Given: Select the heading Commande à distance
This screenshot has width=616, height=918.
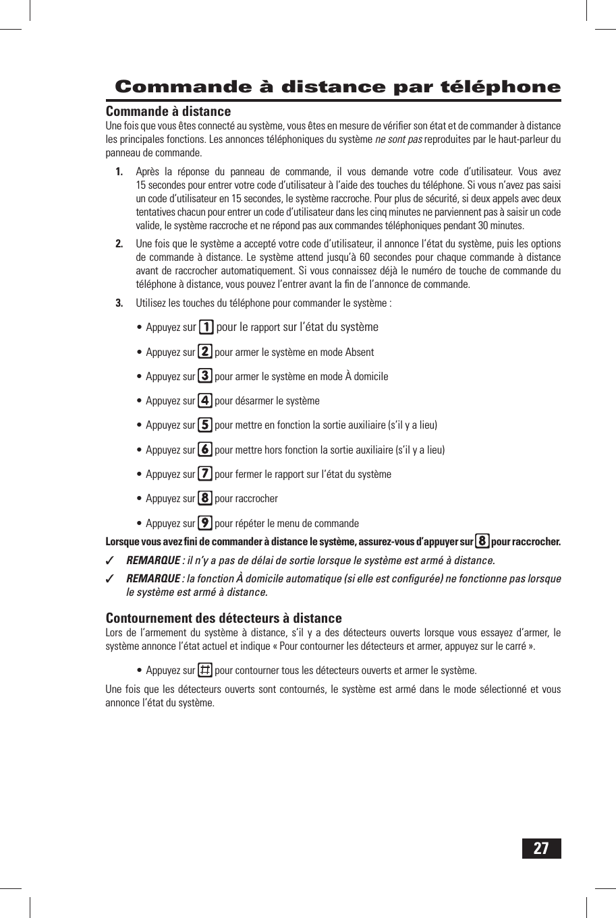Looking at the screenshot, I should pyautogui.click(x=168, y=111).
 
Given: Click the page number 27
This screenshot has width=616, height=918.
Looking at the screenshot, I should pyautogui.click(x=541, y=849).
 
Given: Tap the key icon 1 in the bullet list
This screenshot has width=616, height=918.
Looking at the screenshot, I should pyautogui.click(x=206, y=328).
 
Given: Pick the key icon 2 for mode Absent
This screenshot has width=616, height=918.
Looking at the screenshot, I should pyautogui.click(x=205, y=352).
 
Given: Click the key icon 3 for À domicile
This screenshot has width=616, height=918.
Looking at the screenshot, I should pyautogui.click(x=205, y=376).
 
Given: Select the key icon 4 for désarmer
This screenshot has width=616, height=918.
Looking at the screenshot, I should pyautogui.click(x=205, y=400).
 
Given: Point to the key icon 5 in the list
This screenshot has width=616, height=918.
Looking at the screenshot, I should pyautogui.click(x=205, y=425).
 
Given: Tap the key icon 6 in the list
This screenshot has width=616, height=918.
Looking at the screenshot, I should pyautogui.click(x=205, y=450).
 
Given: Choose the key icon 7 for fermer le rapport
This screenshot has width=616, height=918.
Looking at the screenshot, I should pyautogui.click(x=205, y=474).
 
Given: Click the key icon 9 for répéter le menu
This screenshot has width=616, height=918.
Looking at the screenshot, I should pyautogui.click(x=205, y=523).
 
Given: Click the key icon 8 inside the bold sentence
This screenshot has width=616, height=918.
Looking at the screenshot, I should pyautogui.click(x=482, y=541).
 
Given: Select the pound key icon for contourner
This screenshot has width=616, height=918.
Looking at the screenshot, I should pyautogui.click(x=205, y=670).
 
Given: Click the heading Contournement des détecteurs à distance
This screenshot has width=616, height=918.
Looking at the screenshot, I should pyautogui.click(x=223, y=618).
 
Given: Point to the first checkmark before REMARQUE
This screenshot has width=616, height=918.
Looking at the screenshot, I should pyautogui.click(x=111, y=561).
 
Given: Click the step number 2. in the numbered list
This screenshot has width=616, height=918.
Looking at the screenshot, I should pyautogui.click(x=119, y=244).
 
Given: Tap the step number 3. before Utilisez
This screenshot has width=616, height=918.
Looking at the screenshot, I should pyautogui.click(x=119, y=303).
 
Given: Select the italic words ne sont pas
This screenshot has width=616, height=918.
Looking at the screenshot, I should pyautogui.click(x=398, y=140).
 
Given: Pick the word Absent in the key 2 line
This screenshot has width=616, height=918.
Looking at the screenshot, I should pyautogui.click(x=359, y=353).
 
